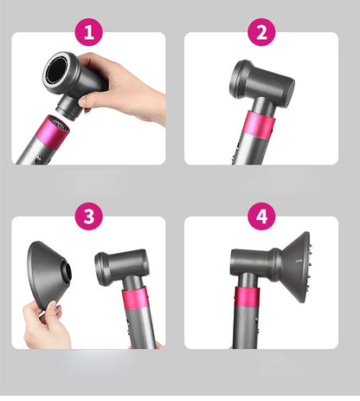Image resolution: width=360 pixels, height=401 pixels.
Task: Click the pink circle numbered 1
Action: click(x=89, y=32)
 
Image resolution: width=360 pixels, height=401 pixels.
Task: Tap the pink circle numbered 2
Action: click(x=261, y=32)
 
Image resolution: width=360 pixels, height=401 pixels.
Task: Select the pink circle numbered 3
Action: click(x=89, y=217)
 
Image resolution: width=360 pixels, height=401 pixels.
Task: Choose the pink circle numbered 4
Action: click(x=261, y=217)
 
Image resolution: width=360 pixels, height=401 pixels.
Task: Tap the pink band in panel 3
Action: click(x=136, y=299)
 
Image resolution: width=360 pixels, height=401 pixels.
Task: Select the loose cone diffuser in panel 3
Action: click(x=48, y=275)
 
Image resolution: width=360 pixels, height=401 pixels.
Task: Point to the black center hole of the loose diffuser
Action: click(x=68, y=272)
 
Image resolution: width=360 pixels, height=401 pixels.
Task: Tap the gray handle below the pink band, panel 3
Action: click(x=141, y=327)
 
